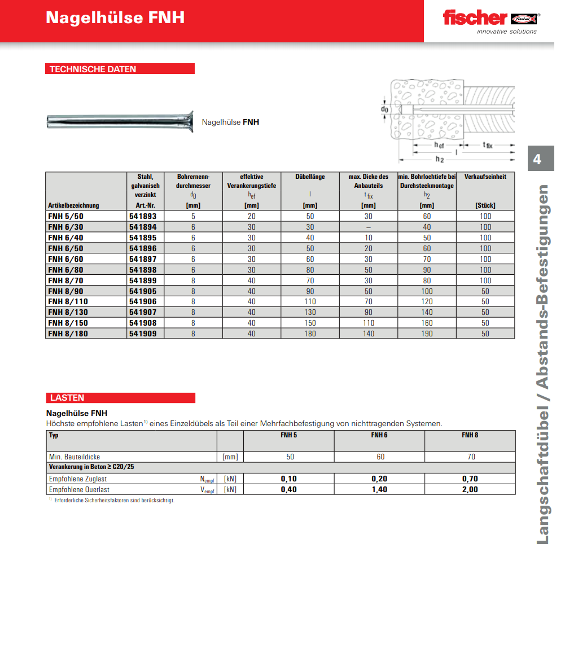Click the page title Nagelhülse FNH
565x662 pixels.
pos(115,18)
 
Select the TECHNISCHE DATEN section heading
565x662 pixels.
pos(93,69)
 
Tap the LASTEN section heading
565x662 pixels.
pos(67,398)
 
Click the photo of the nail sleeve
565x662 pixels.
pos(120,121)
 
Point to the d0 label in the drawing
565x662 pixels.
pos(384,109)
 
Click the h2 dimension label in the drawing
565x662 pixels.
pos(439,160)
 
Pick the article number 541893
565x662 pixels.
pos(143,216)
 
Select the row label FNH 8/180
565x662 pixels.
pos(68,334)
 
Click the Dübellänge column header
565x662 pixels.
pos(310,177)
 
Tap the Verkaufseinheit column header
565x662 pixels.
pos(485,177)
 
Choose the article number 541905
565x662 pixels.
pos(143,291)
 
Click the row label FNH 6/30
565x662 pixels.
pos(66,227)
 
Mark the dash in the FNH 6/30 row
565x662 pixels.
pos(369,227)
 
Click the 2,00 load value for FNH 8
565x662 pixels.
pos(470,489)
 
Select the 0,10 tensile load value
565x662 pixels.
pos(288,479)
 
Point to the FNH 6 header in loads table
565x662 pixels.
pos(379,435)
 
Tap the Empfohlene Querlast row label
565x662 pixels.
pos(80,489)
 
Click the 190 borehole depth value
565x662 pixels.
pos(427,334)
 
